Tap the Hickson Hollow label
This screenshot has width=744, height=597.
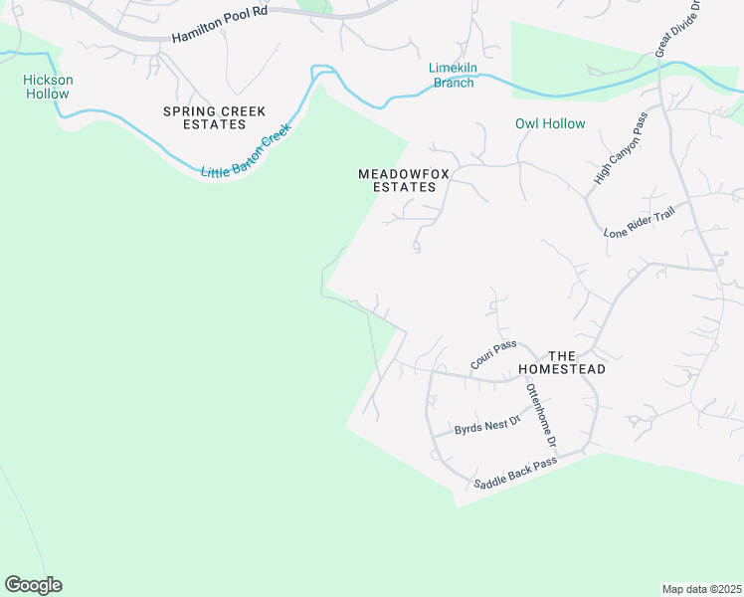[48, 87]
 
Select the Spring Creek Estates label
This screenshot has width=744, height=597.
[206, 116]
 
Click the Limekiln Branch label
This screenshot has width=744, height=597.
[452, 75]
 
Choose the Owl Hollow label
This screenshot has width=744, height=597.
[550, 123]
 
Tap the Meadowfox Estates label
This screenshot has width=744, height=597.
[404, 180]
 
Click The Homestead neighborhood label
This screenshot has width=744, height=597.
[577, 362]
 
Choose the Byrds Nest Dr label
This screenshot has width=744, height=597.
[487, 426]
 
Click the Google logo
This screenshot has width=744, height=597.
[34, 585]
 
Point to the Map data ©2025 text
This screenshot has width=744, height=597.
[701, 589]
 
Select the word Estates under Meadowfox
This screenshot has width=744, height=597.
[404, 187]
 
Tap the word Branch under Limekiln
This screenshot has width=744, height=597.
[452, 83]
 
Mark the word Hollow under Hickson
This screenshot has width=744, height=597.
[48, 95]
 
